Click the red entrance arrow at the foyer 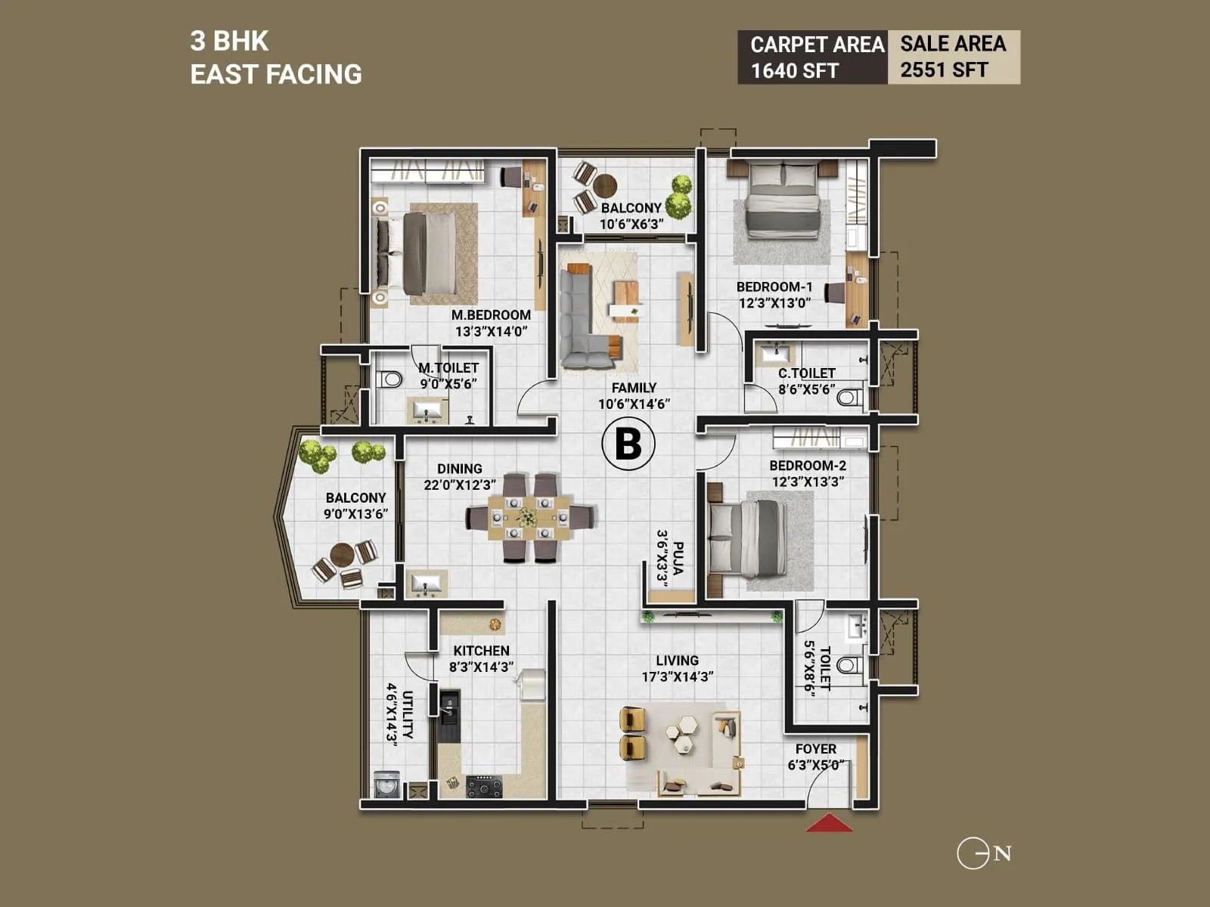click(829, 823)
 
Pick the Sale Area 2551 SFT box click(953, 57)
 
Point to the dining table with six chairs click(529, 518)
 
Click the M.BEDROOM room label click(491, 315)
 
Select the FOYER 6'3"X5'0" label click(815, 757)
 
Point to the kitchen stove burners click(483, 787)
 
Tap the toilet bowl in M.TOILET click(389, 379)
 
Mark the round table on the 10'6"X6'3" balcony click(605, 184)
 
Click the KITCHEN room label click(481, 651)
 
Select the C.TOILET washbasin click(775, 353)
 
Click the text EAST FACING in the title click(276, 74)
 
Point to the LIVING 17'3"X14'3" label click(678, 668)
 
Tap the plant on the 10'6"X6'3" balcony click(680, 194)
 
